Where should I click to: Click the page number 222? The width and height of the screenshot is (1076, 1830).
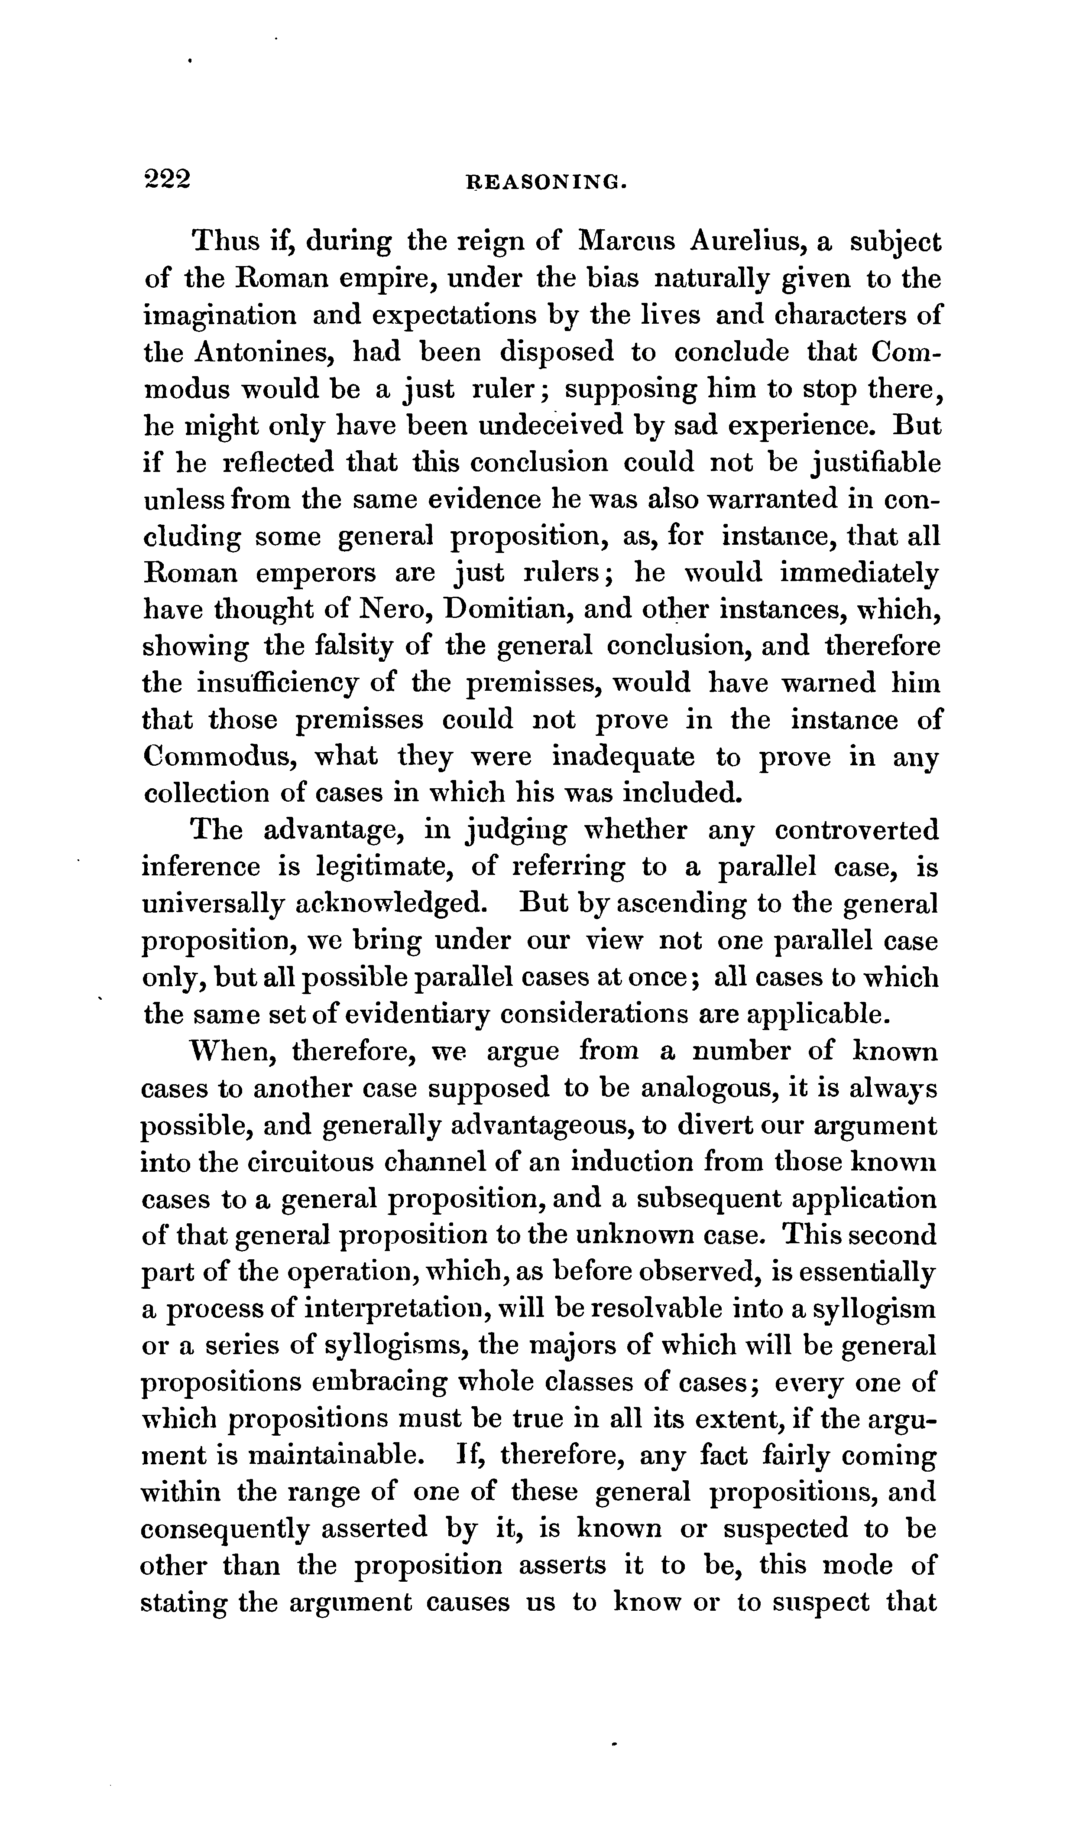pos(167,178)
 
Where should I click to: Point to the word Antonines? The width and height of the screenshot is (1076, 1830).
pos(265,352)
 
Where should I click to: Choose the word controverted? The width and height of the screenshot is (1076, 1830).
pos(857,830)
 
